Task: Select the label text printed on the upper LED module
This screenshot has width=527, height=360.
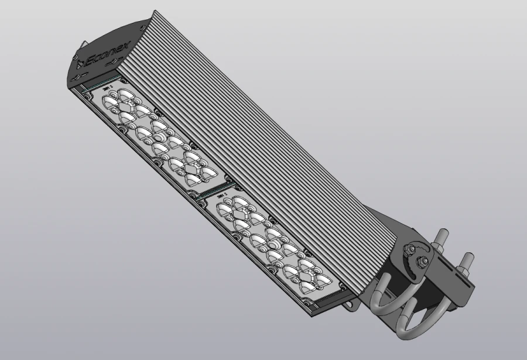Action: [x=108, y=88]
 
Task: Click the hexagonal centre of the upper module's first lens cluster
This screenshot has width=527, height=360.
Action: [x=124, y=105]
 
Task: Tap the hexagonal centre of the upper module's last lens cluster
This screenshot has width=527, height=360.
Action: [x=191, y=169]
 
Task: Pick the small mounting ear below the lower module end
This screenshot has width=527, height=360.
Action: [x=350, y=304]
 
